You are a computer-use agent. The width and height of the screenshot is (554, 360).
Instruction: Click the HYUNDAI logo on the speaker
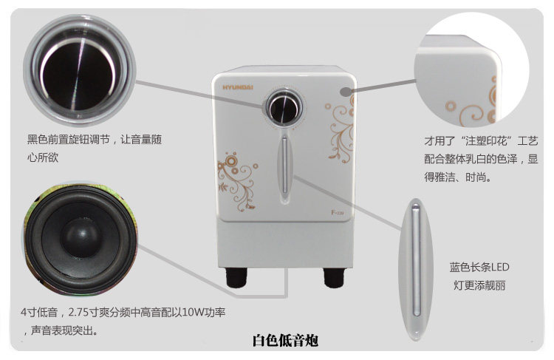pyautogui.click(x=238, y=87)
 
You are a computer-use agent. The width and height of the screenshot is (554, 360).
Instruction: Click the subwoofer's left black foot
pyautogui.click(x=236, y=277)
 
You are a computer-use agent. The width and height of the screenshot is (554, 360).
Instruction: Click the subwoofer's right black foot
pyautogui.click(x=334, y=277)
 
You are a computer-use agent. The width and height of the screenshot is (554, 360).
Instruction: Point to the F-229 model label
pyautogui.click(x=337, y=213)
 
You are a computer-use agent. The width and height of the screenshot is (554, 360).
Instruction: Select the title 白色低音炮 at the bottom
pyautogui.click(x=285, y=341)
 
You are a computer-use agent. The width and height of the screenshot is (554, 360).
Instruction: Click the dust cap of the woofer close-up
pyautogui.click(x=81, y=237)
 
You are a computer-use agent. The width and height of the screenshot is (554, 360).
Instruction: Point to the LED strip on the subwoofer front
pyautogui.click(x=284, y=165)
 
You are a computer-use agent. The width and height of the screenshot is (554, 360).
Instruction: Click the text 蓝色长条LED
pyautogui.click(x=479, y=267)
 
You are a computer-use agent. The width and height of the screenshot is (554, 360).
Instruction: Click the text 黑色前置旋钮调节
pyautogui.click(x=69, y=140)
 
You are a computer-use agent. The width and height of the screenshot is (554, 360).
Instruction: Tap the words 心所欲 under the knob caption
pyautogui.click(x=43, y=157)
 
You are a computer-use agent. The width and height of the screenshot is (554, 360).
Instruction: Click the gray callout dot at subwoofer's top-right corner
pyautogui.click(x=345, y=92)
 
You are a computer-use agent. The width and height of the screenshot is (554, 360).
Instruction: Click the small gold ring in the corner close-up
pyautogui.click(x=450, y=106)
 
